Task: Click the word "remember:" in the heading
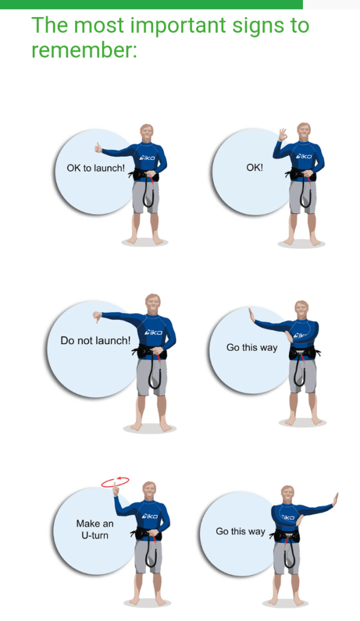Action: click(84, 50)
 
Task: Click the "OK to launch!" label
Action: click(95, 168)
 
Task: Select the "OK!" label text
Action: click(254, 168)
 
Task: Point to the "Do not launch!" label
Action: click(95, 341)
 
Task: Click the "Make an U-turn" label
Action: click(95, 529)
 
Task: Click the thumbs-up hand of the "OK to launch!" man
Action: click(98, 148)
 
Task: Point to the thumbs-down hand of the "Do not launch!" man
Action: click(97, 317)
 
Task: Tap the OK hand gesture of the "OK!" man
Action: click(282, 135)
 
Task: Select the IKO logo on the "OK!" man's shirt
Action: click(304, 156)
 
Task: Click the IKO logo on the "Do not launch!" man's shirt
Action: click(153, 332)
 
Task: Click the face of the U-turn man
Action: click(149, 492)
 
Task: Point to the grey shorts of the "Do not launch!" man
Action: click(152, 378)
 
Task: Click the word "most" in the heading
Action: click(99, 25)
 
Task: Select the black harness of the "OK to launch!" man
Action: click(144, 175)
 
